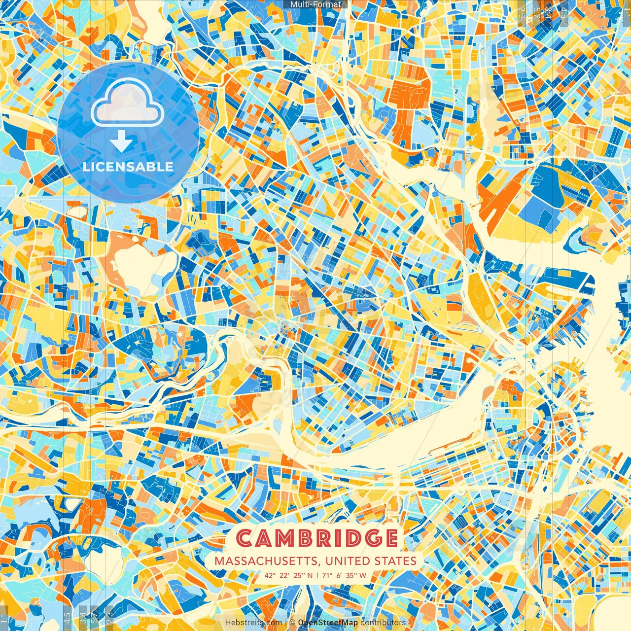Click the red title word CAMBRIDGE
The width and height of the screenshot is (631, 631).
click(x=317, y=538)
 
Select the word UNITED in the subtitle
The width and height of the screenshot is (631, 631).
click(x=349, y=561)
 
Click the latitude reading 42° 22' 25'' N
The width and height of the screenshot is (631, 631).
click(x=288, y=575)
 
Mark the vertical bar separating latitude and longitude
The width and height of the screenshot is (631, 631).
click(x=317, y=575)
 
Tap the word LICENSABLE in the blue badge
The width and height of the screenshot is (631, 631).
click(x=128, y=167)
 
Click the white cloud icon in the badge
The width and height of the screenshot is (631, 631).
click(x=128, y=102)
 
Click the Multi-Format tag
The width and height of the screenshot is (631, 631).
click(x=315, y=4)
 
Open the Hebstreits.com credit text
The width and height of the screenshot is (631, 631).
click(x=253, y=623)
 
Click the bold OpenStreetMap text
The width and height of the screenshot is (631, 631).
click(x=328, y=623)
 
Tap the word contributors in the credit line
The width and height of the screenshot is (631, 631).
click(x=383, y=623)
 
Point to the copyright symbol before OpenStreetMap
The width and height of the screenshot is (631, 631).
click(x=292, y=623)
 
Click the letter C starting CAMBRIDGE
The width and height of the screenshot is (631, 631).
click(x=245, y=538)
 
